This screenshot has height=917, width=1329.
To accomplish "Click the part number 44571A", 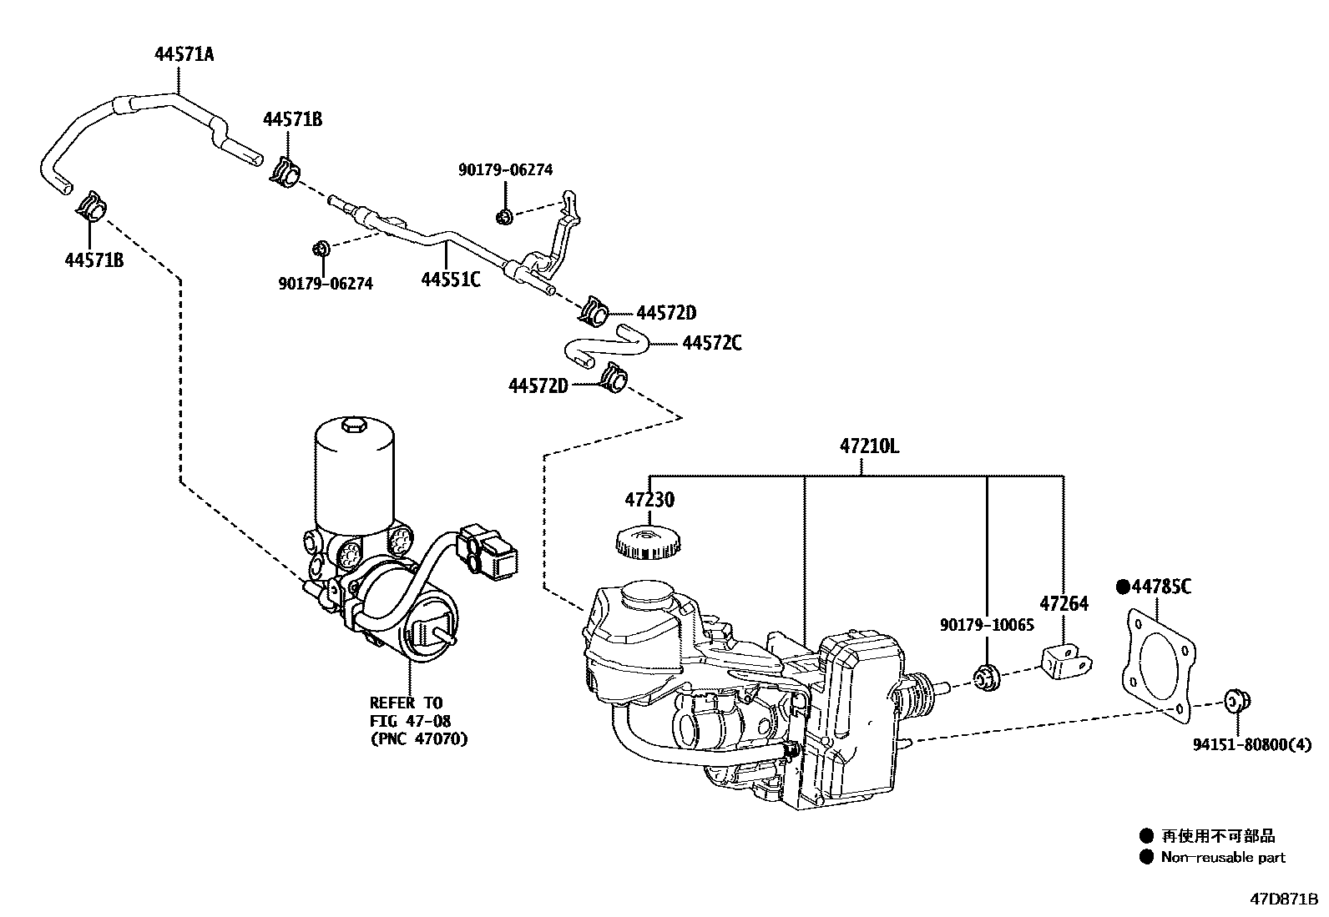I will tap(184, 55).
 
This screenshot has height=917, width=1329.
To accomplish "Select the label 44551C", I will tap(450, 280).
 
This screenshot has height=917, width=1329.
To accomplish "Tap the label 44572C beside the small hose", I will tap(711, 343).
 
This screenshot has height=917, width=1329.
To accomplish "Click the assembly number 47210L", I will tap(869, 446).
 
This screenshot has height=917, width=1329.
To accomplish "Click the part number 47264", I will tap(1064, 603).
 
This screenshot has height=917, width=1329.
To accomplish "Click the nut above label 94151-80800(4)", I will tap(1235, 702).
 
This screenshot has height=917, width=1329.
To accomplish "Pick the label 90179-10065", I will tap(986, 625).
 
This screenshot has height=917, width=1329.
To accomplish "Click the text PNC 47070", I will tap(418, 738).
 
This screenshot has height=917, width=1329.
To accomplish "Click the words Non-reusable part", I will tap(1222, 857).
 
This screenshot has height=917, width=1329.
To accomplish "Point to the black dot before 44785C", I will tap(1123, 587).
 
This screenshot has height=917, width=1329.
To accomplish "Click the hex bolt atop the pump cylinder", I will tap(354, 429).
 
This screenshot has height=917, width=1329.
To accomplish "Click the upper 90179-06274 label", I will tap(505, 170).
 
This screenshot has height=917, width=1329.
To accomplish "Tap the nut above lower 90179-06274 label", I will tap(321, 249).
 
